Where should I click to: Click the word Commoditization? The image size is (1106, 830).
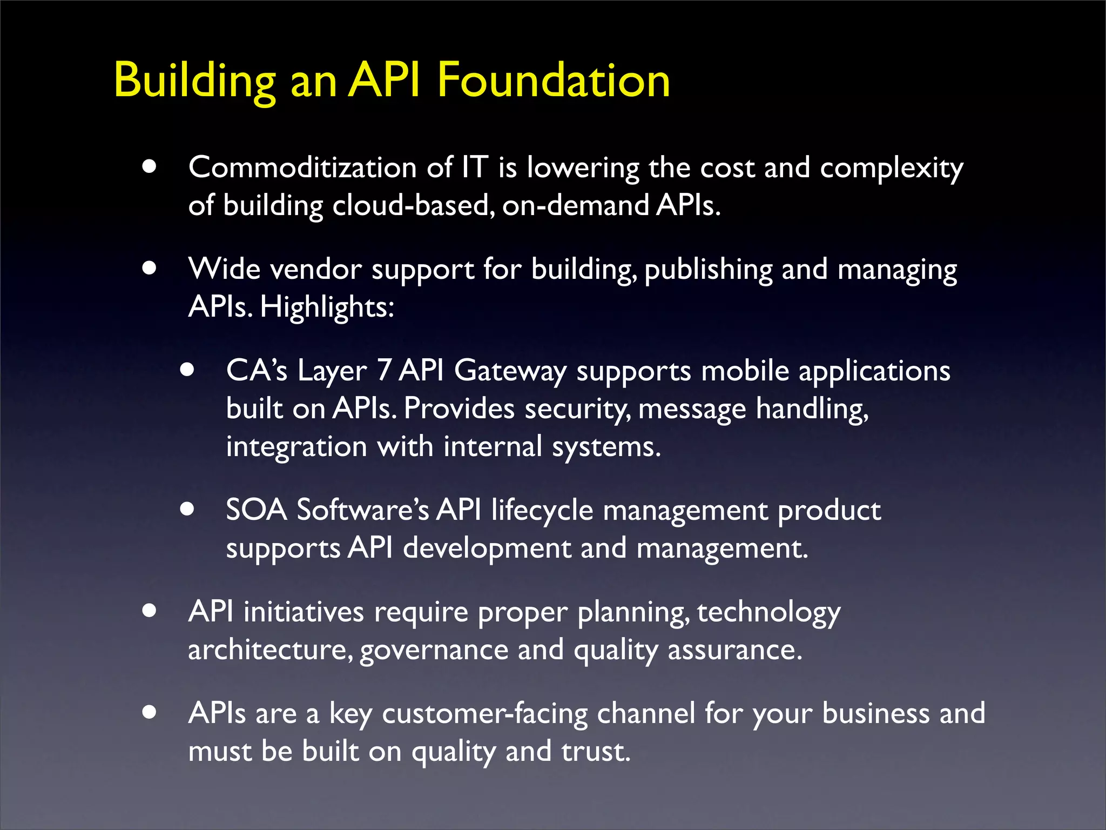click(302, 168)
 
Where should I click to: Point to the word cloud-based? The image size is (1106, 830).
click(414, 206)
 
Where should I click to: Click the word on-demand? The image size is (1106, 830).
click(576, 206)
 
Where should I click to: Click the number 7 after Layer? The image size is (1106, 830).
click(384, 371)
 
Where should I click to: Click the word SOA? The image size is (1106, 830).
click(257, 510)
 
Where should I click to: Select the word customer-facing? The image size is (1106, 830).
click(485, 714)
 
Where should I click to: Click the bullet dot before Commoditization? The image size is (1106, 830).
click(150, 166)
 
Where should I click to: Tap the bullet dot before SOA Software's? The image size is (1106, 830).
click(187, 509)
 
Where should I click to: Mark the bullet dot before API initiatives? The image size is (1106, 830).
click(150, 611)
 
